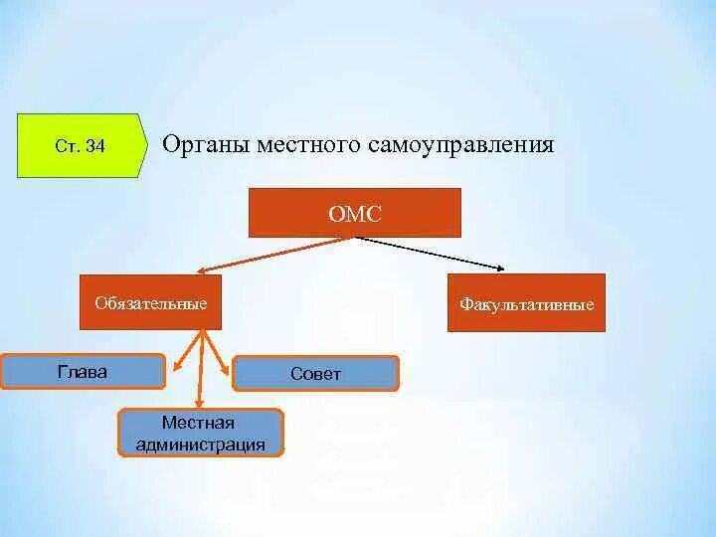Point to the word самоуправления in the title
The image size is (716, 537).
tap(460, 145)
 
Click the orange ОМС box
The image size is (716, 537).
tap(354, 213)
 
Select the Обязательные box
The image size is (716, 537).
tap(150, 302)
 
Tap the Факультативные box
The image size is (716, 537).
tap(526, 303)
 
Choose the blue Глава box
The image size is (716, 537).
tap(83, 372)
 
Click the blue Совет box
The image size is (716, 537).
tap(315, 374)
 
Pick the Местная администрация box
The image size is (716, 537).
tap(201, 434)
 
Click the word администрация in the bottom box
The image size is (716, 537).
tap(201, 445)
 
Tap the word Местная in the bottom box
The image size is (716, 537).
tap(201, 424)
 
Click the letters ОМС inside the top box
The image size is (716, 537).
tap(354, 214)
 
